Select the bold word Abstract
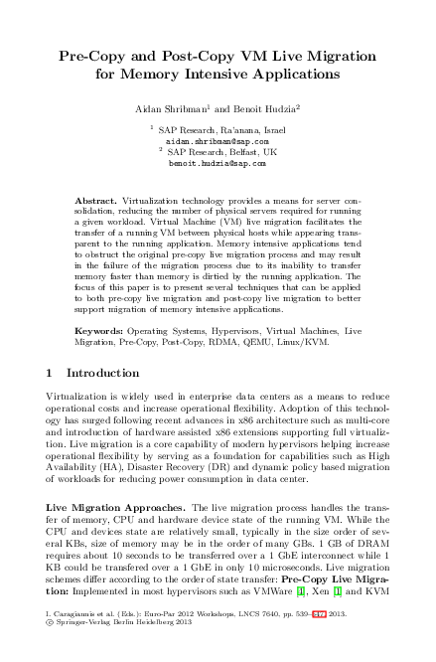point(95,201)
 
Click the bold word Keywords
point(99,328)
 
